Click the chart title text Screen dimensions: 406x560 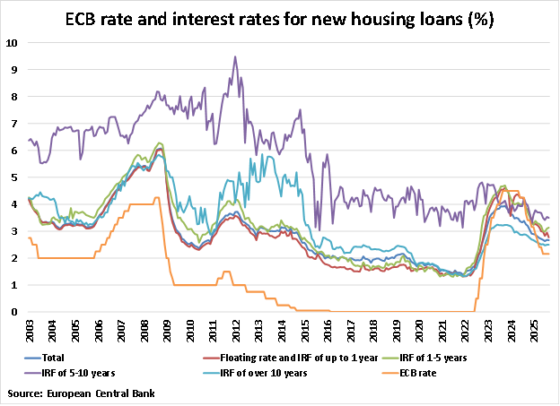pyautogui.click(x=280, y=18)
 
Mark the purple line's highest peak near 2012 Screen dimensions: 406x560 pyautogui.click(x=235, y=56)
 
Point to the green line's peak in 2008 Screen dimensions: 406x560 pyautogui.click(x=160, y=143)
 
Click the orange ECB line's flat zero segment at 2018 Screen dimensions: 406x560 pyautogui.click(x=372, y=311)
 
